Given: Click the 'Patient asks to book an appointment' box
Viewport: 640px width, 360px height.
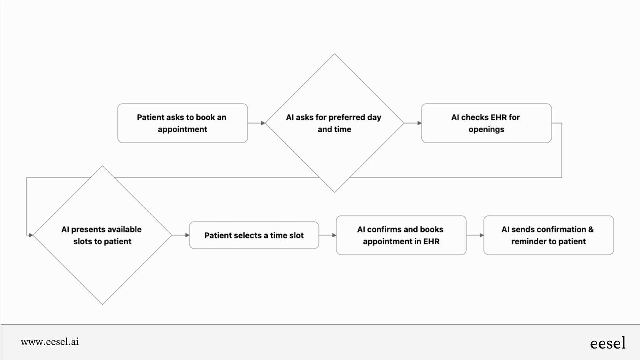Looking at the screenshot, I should point(182,123).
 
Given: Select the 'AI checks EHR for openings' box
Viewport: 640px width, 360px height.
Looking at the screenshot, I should point(486,123).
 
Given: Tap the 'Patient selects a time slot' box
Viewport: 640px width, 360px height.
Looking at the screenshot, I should point(254,235).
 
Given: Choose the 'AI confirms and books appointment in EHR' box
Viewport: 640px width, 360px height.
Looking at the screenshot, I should point(401,235).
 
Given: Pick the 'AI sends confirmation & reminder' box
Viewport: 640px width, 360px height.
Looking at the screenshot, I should point(548,235).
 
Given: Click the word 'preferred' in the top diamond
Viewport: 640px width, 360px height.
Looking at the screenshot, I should point(346,117).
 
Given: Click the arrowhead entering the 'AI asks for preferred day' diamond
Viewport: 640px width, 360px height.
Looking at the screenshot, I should point(263,123).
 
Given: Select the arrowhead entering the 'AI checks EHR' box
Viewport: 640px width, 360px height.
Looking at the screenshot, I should point(419,123).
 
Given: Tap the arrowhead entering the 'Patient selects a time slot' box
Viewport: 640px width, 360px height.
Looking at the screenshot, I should point(187,235).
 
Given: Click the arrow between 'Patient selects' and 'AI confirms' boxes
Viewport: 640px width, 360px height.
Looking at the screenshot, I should point(328,235).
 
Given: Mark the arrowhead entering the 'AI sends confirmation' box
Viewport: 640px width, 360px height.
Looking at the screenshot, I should point(482,235).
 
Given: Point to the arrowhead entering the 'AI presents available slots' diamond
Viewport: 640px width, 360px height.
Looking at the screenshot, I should point(31,235).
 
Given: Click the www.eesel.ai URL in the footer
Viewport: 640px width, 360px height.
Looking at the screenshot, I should point(50,342).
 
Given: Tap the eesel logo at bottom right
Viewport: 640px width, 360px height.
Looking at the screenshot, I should point(608,343).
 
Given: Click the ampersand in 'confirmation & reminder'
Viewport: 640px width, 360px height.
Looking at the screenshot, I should point(591,229).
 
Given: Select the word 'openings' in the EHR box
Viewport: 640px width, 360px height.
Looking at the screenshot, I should point(486,130).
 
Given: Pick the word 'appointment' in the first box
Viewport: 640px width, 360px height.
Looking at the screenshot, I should point(182,130).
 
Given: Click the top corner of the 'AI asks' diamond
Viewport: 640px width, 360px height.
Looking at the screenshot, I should point(334,54).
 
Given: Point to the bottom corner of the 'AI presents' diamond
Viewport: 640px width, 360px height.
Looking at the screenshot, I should point(102,304).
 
